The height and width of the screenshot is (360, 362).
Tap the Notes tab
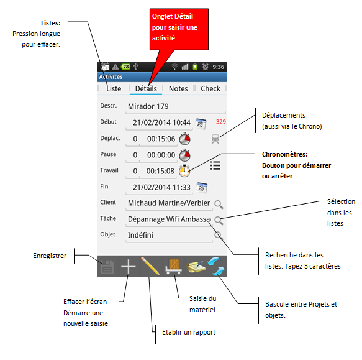pyautogui.click(x=178, y=88)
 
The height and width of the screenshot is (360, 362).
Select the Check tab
pyautogui.click(x=210, y=88)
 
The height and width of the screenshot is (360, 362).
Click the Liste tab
pyautogui.click(x=114, y=88)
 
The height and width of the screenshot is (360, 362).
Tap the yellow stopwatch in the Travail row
pyautogui.click(x=184, y=171)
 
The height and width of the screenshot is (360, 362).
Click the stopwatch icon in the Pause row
pyautogui.click(x=184, y=155)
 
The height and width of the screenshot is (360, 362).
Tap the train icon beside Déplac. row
pyautogui.click(x=215, y=139)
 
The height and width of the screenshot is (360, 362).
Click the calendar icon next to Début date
pyautogui.click(x=201, y=124)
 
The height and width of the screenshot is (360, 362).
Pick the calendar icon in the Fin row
pyautogui.click(x=201, y=188)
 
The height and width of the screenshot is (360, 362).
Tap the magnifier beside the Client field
pyautogui.click(x=219, y=205)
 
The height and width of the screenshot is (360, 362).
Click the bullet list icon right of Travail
pyautogui.click(x=215, y=165)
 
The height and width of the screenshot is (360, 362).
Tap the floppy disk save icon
pyautogui.click(x=107, y=267)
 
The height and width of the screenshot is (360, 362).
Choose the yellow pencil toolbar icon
pyautogui.click(x=150, y=266)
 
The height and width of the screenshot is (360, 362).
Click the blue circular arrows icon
pyautogui.click(x=216, y=266)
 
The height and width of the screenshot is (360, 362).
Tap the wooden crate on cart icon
pyautogui.click(x=173, y=266)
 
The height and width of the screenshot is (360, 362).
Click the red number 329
pyautogui.click(x=220, y=122)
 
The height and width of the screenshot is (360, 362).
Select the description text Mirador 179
pyautogui.click(x=148, y=106)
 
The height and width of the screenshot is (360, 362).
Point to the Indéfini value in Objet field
pyautogui.click(x=140, y=235)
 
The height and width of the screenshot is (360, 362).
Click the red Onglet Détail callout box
pyautogui.click(x=179, y=29)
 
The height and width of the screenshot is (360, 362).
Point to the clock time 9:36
pyautogui.click(x=218, y=67)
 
